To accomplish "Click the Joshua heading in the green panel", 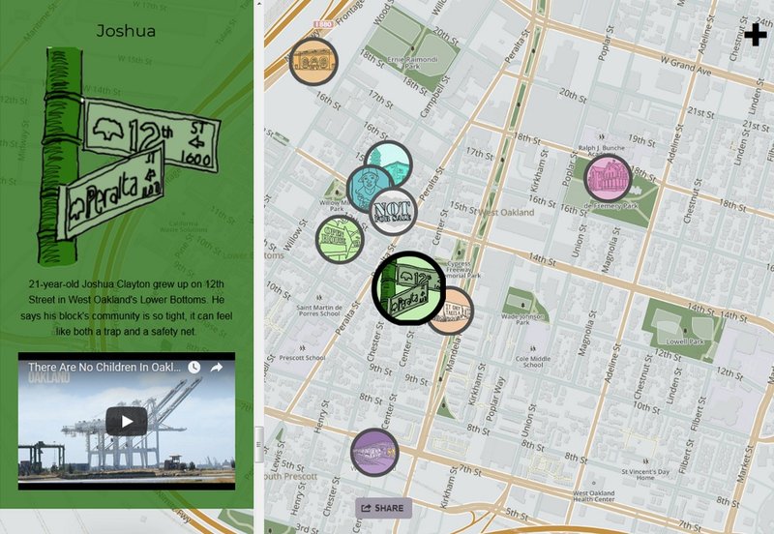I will click(x=126, y=31).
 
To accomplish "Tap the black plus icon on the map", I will click(x=756, y=36).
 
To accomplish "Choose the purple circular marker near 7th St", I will click(x=374, y=452).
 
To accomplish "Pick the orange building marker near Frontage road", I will click(x=313, y=62).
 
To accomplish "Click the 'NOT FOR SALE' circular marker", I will click(x=392, y=212).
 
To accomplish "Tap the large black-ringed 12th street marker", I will click(x=409, y=286).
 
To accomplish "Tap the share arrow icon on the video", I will click(x=217, y=368).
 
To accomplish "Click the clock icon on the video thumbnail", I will click(x=193, y=368).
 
